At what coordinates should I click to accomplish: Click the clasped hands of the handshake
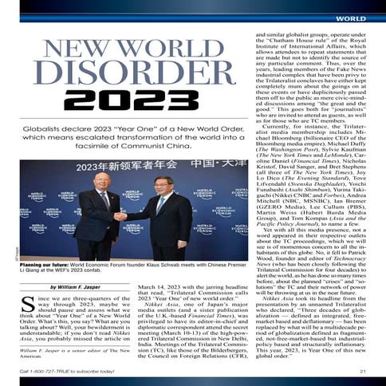(120, 215)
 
